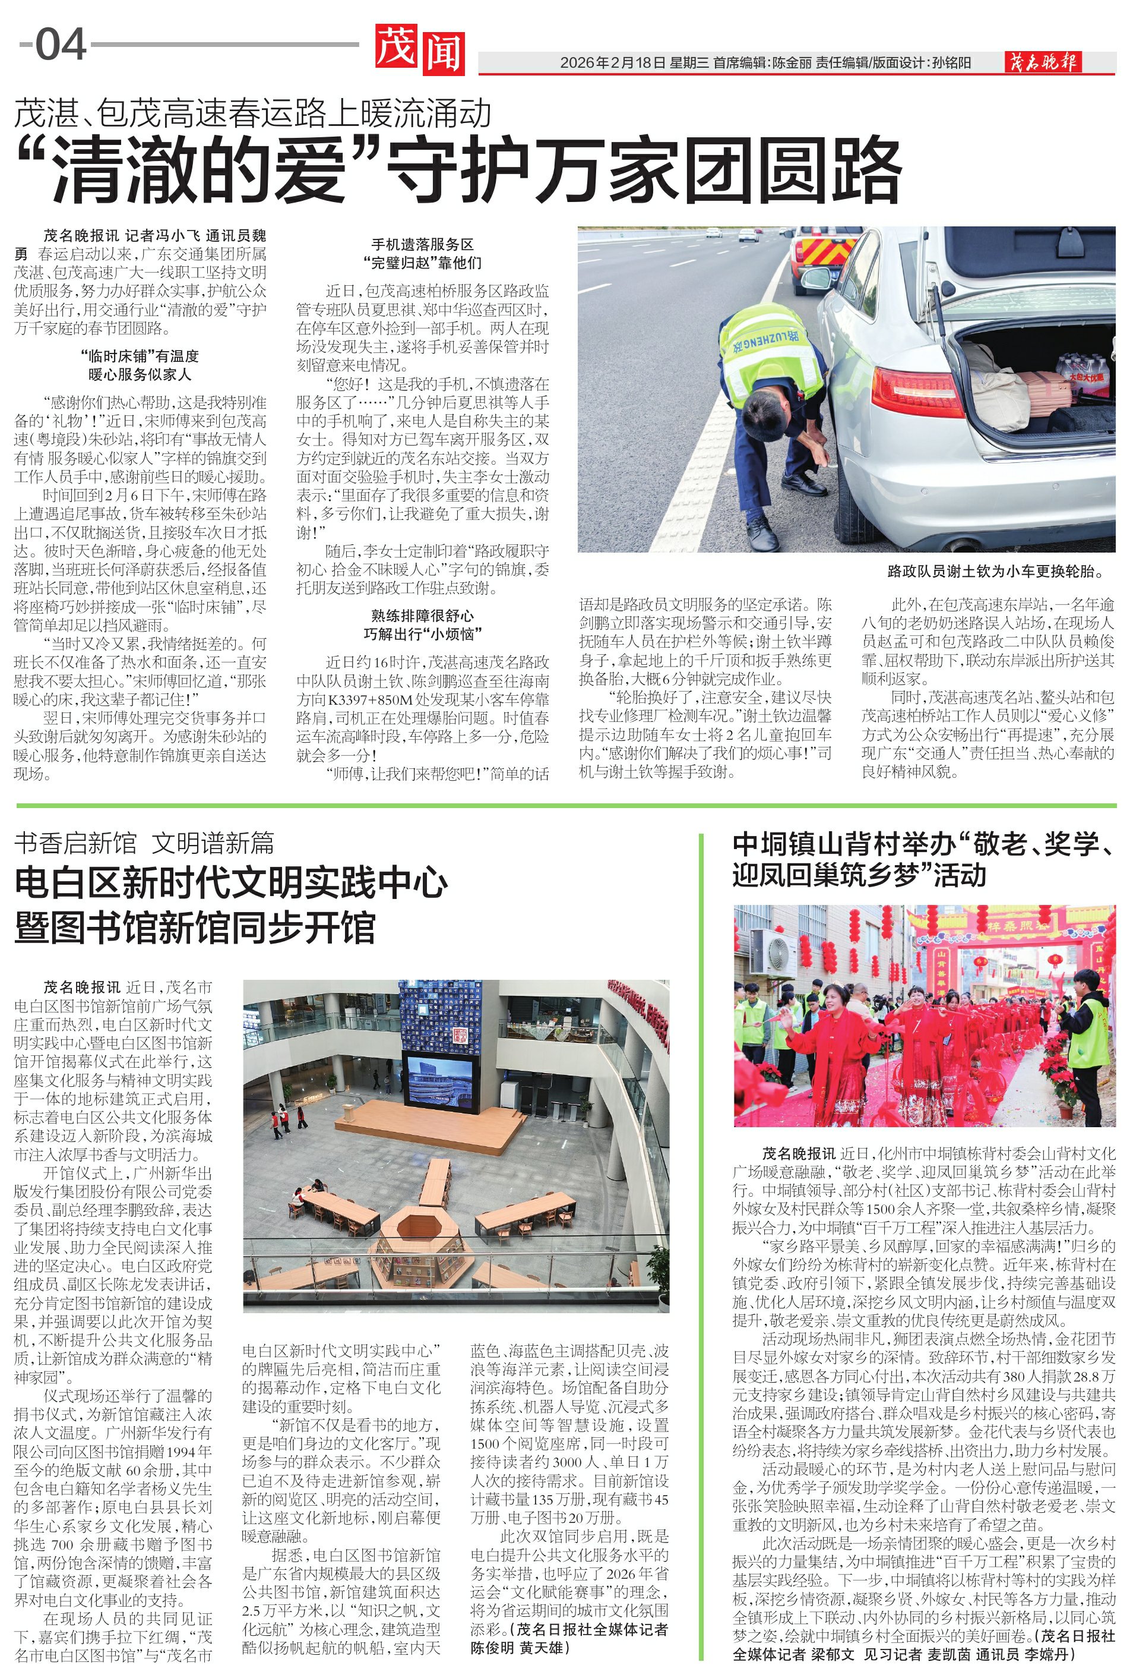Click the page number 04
click(x=61, y=45)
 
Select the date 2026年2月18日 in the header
click(x=613, y=64)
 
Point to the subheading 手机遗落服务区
click(x=422, y=244)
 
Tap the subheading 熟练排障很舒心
click(x=422, y=616)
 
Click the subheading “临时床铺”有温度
click(x=140, y=357)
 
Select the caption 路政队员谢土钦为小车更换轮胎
click(x=995, y=572)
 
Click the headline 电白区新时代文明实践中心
click(x=230, y=884)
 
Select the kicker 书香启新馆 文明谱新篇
click(x=144, y=842)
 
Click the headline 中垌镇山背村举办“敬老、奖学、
click(x=922, y=844)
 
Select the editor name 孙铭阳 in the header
click(x=951, y=64)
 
